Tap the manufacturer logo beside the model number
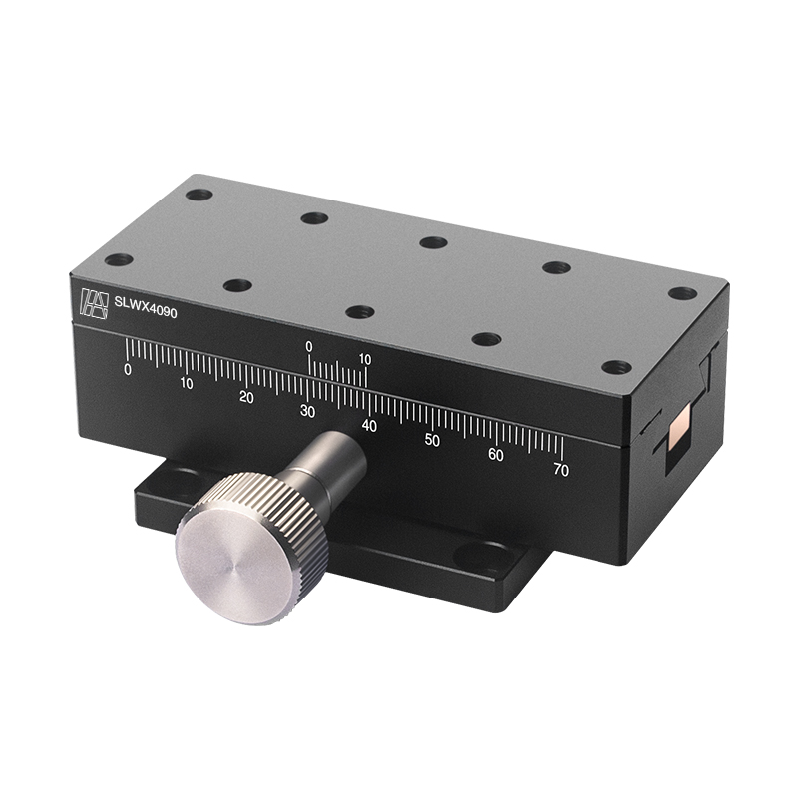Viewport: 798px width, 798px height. (94, 302)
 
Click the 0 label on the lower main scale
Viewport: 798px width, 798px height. (127, 369)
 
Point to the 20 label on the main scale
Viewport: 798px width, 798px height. (246, 397)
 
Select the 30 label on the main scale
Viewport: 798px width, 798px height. (307, 411)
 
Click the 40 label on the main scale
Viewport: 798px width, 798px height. (370, 426)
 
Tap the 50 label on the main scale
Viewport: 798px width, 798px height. (432, 440)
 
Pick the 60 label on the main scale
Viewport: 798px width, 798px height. (496, 455)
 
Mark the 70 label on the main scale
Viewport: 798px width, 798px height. (561, 470)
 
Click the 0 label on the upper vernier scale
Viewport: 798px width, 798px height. (309, 346)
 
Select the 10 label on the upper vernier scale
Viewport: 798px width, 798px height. (365, 359)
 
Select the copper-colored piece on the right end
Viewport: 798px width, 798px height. (679, 431)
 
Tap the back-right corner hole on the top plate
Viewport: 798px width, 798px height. (682, 293)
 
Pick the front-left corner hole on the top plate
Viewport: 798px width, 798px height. (119, 260)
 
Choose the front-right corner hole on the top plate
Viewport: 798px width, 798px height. (617, 367)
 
